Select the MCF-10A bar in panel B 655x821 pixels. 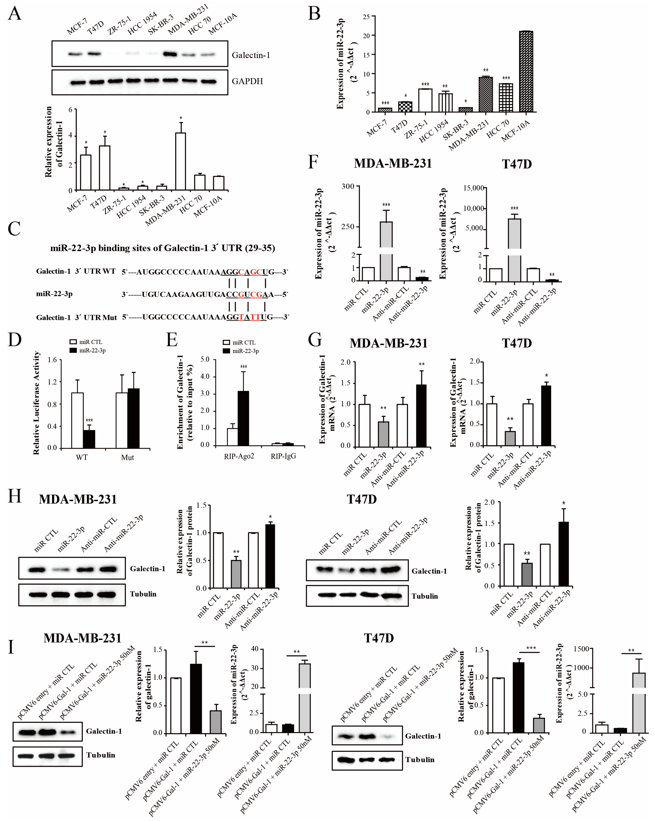(x=526, y=72)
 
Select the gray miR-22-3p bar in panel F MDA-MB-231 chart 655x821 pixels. (x=386, y=251)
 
